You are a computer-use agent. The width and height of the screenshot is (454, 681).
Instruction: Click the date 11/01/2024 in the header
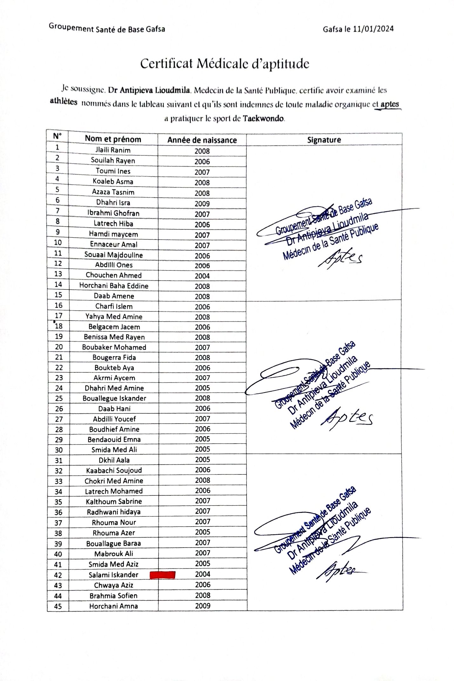tap(373, 29)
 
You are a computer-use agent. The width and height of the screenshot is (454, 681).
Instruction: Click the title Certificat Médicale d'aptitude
tap(225, 64)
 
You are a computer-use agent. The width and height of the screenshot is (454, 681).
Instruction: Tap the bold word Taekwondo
tap(263, 119)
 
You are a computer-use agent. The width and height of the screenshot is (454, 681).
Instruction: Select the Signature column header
tap(324, 140)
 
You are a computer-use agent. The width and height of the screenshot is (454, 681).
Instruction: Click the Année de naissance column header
tap(202, 140)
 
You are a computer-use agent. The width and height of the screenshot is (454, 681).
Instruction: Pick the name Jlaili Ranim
tap(113, 150)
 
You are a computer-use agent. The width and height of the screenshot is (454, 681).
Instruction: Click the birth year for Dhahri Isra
tap(202, 204)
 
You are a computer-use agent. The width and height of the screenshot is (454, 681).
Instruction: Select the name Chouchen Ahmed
tap(114, 275)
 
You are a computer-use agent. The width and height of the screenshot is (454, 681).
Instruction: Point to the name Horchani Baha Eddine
tap(114, 286)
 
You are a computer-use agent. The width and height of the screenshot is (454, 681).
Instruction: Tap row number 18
tap(59, 326)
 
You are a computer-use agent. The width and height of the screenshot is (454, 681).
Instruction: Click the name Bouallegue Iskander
tap(114, 398)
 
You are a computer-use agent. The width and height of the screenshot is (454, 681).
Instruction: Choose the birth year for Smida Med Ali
tap(203, 449)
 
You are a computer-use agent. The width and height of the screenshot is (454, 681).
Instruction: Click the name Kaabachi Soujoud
tap(114, 470)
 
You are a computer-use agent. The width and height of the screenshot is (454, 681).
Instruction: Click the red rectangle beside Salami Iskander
tap(162, 575)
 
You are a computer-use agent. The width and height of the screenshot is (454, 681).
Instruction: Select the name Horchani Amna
tap(113, 606)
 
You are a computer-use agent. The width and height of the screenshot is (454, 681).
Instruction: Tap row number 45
tap(58, 606)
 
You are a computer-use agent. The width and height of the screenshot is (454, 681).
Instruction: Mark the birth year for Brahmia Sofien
tap(203, 595)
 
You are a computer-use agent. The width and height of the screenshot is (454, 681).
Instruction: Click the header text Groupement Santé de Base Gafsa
tap(107, 29)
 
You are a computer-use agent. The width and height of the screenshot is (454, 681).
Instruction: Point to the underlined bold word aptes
tap(390, 104)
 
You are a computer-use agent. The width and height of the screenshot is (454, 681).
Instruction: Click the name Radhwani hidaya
tap(114, 512)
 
